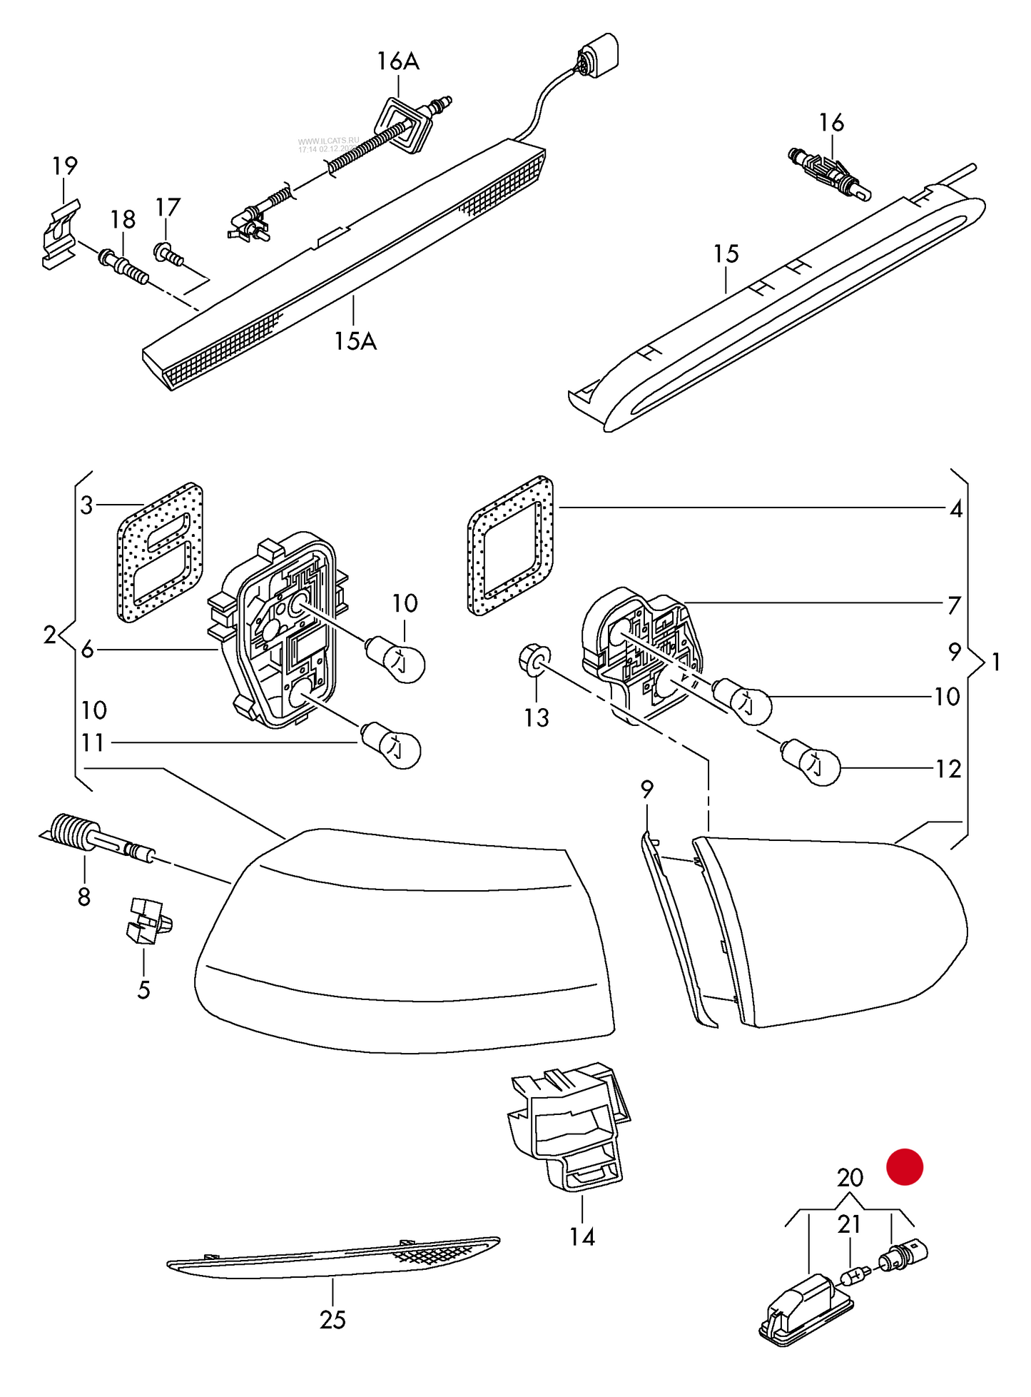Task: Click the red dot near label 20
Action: (x=904, y=1167)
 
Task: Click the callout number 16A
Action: (x=398, y=61)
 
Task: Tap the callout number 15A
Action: (x=355, y=341)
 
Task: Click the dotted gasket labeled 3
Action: (x=159, y=551)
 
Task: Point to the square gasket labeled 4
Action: (x=510, y=545)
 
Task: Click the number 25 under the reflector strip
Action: (x=332, y=1320)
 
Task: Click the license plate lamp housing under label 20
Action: (x=805, y=1310)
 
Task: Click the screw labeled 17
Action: (x=167, y=253)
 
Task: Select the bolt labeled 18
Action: (x=124, y=266)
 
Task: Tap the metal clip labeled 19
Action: (x=60, y=233)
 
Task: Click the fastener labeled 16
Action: (x=830, y=172)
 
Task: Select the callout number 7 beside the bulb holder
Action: (x=954, y=605)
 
